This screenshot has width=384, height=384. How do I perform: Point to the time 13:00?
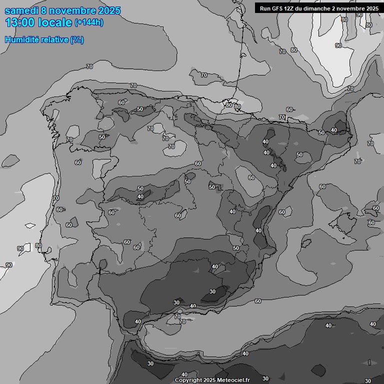pyautogui.click(x=20, y=22)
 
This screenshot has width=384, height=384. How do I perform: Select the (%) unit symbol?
pyautogui.click(x=77, y=39)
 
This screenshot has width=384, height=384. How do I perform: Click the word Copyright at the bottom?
pyautogui.click(x=189, y=380)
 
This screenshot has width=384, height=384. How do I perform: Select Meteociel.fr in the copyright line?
pyautogui.click(x=234, y=380)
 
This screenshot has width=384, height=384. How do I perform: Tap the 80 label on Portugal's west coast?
pyautogui.click(x=38, y=245)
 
